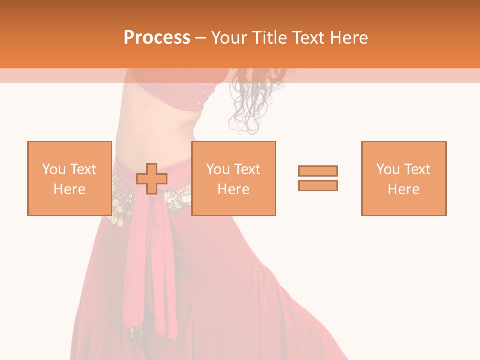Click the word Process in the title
[157, 38]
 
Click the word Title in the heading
[270, 38]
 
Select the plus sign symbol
[152, 179]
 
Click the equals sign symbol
[318, 178]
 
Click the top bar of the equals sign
[318, 171]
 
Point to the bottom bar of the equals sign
[318, 186]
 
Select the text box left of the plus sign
[69, 178]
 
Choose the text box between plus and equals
[233, 178]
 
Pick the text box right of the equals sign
[403, 178]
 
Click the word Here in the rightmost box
[403, 189]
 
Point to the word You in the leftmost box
[53, 169]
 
